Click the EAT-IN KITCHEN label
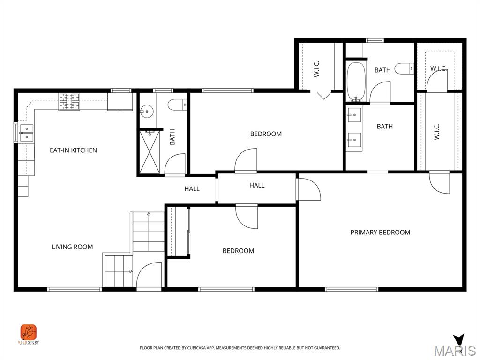[x=73, y=150]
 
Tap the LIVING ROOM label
[x=72, y=247]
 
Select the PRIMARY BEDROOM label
[x=380, y=232]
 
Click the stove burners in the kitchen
[x=69, y=102]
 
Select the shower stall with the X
[x=150, y=152]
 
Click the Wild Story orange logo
[x=29, y=333]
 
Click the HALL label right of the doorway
[x=257, y=186]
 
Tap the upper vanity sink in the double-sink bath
[x=354, y=114]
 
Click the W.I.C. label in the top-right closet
[x=439, y=69]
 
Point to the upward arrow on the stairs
[x=149, y=215]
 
